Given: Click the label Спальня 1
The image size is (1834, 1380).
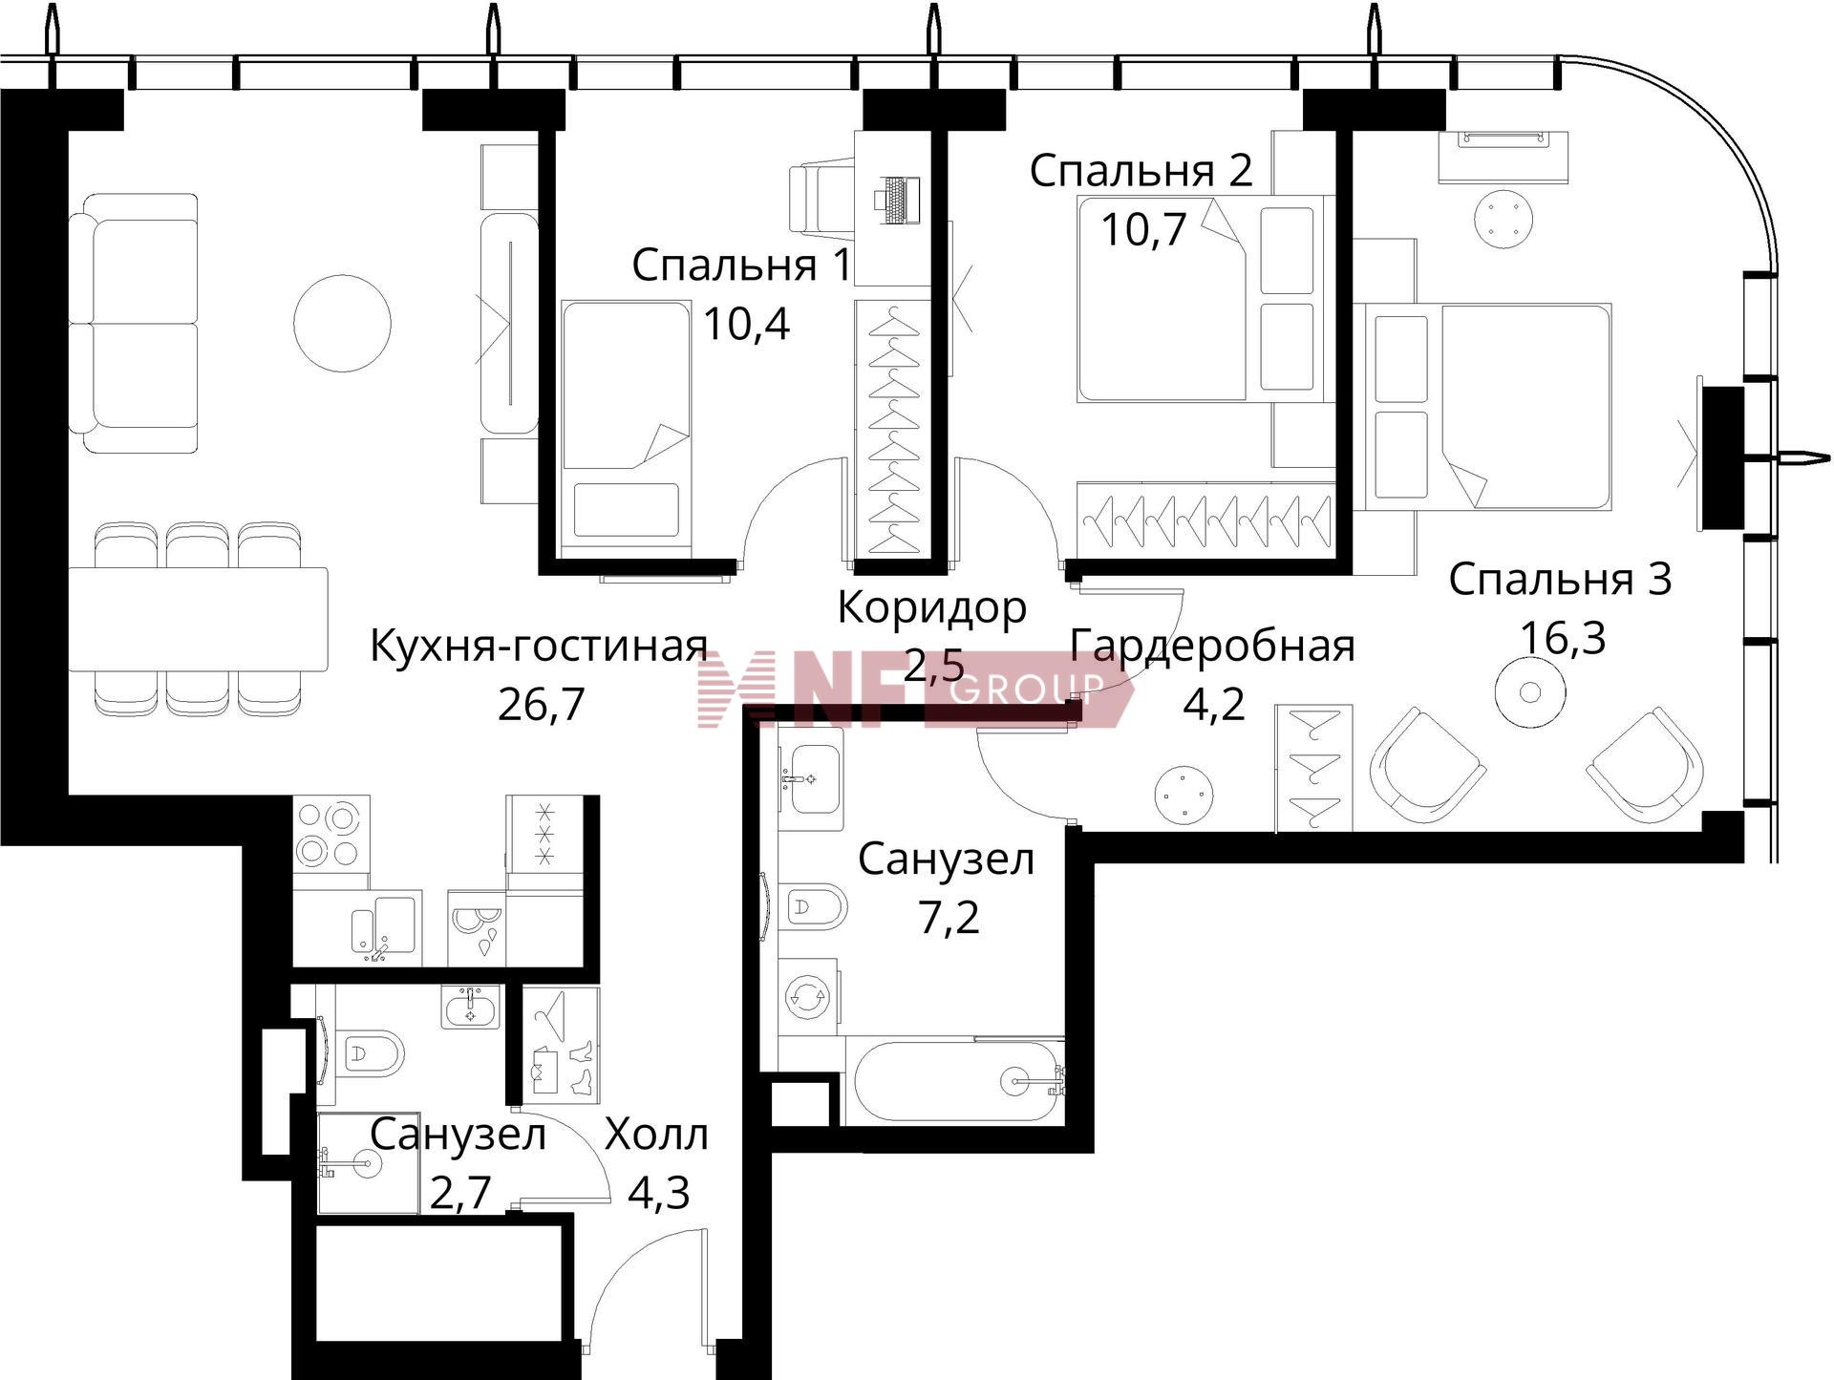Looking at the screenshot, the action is click(741, 265).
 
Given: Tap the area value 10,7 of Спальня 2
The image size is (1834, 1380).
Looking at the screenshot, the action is click(1143, 228).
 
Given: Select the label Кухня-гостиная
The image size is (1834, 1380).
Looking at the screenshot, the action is click(539, 647).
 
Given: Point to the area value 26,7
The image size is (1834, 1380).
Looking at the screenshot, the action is click(541, 704).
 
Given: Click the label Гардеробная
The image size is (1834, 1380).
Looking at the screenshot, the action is click(1212, 647).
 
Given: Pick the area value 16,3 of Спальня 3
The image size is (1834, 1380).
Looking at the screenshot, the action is click(1563, 637).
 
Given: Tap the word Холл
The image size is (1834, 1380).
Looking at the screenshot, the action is click(657, 1136).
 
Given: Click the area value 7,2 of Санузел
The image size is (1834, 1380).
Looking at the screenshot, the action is click(949, 918).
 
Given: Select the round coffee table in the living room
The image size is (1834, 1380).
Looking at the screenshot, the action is click(342, 323).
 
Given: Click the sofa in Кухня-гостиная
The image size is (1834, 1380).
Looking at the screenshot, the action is click(133, 323).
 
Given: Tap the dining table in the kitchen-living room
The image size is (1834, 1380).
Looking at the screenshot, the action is click(198, 620).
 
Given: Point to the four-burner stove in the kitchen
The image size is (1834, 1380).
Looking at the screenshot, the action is click(331, 833).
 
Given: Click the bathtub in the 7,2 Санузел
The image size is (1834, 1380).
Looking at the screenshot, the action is click(954, 1080).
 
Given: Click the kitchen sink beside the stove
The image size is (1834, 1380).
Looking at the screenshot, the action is click(385, 924).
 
